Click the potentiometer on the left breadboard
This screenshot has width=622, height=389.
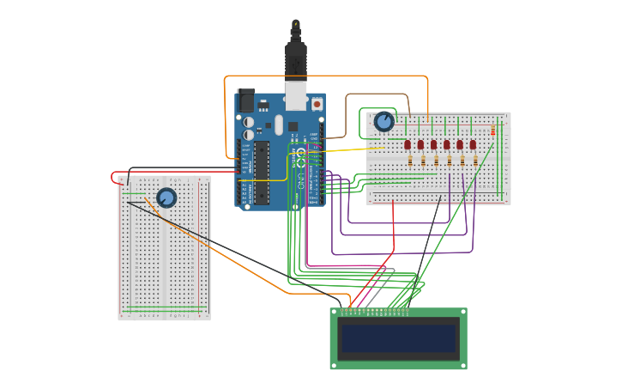166,198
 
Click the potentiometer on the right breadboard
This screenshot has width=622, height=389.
383,122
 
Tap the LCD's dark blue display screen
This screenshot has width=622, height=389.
399,338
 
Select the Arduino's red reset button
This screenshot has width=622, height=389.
317,104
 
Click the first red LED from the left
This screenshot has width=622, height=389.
408,145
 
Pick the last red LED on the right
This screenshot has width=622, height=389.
473,145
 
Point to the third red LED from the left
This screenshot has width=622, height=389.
434,145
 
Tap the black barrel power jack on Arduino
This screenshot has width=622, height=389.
246,100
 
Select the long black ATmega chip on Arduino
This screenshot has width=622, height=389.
262,172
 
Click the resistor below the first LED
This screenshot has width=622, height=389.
410,161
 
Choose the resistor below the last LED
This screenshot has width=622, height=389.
475,161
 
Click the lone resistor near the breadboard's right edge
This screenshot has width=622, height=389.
493,131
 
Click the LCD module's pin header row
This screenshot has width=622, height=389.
375,310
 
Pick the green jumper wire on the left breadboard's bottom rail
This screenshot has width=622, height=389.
163,310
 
